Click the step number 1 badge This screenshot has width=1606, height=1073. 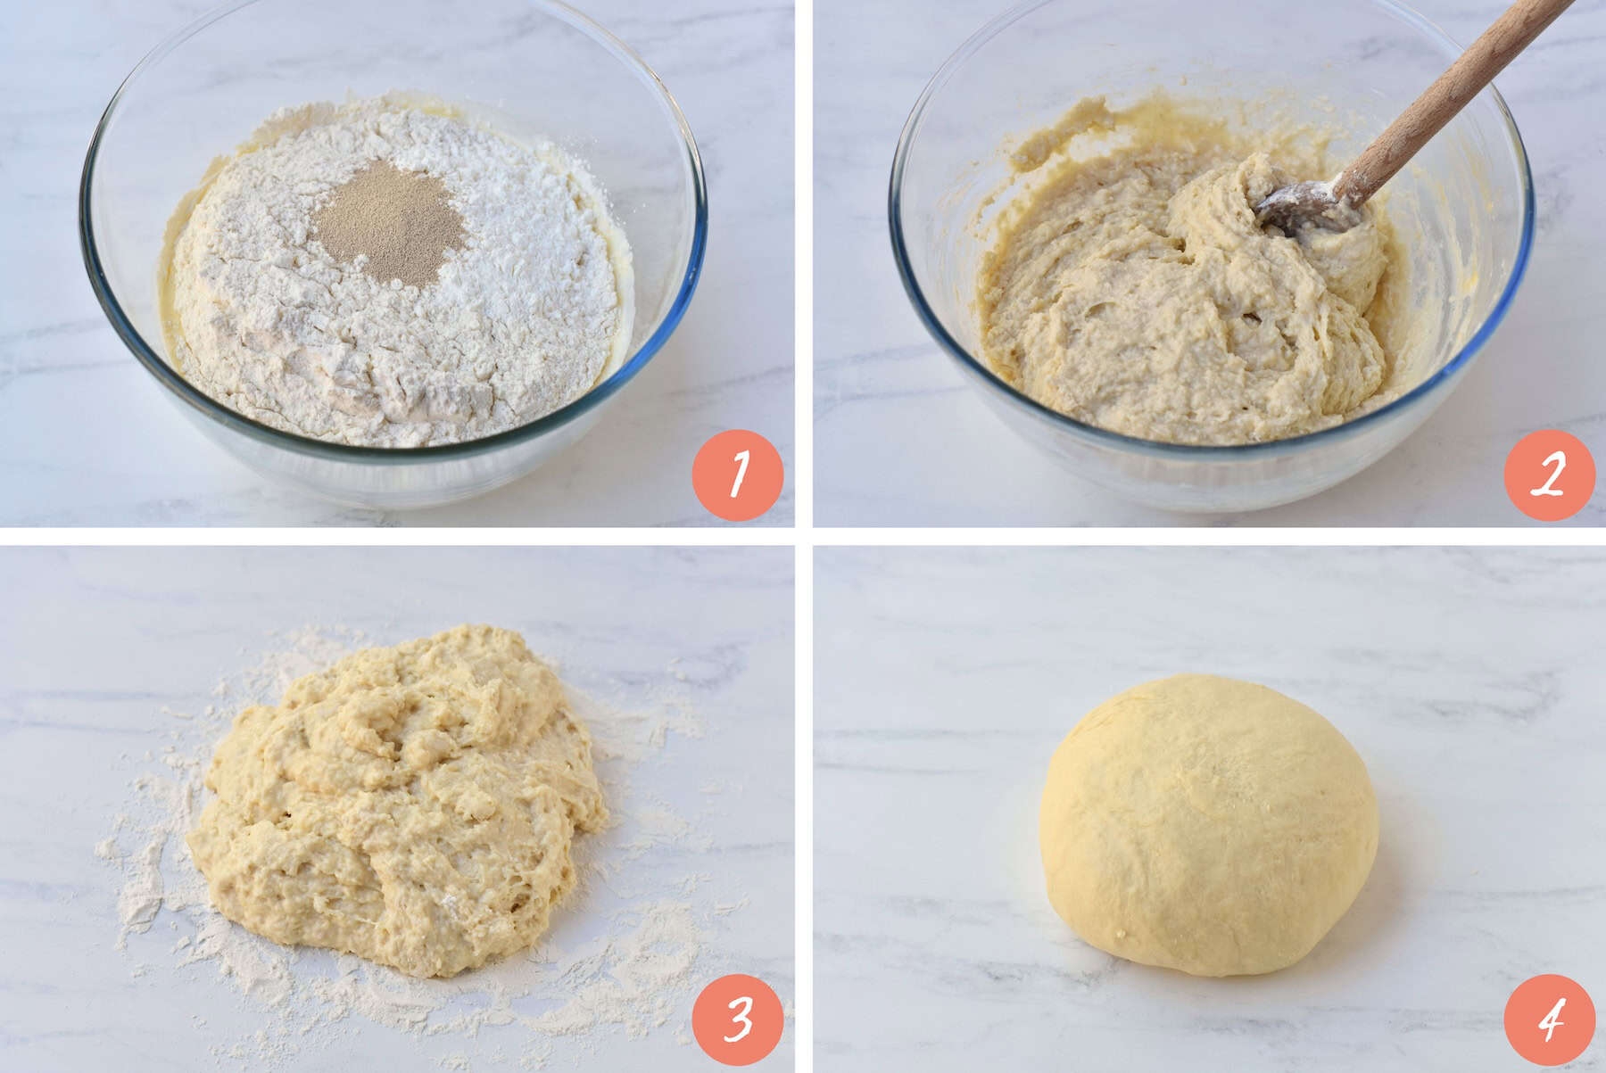[737, 475]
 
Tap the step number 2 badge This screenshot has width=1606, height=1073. [1549, 475]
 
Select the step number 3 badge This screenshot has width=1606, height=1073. [737, 1019]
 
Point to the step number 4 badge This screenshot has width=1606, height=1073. [1549, 1019]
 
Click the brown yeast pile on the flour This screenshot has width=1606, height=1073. [391, 211]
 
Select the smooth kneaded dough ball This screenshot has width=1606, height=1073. [1209, 825]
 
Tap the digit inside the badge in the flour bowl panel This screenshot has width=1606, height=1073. [739, 475]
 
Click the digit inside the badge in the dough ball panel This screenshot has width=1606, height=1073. [1551, 1019]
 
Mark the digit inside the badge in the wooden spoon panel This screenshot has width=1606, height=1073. [1550, 475]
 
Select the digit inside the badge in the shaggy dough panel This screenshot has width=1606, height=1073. [739, 1019]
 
